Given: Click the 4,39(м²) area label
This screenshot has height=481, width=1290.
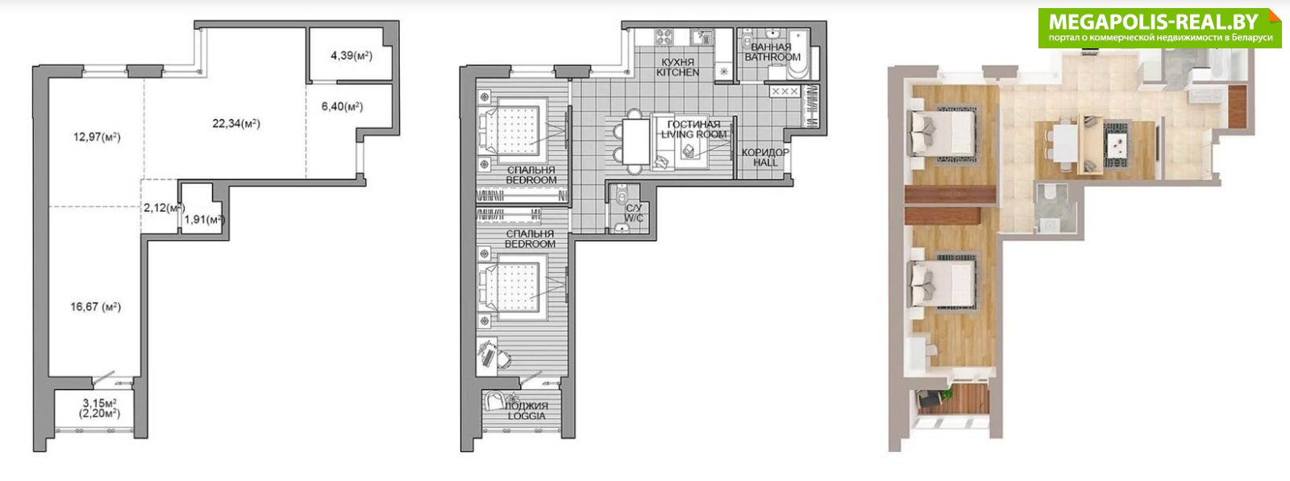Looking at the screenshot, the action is point(352,56).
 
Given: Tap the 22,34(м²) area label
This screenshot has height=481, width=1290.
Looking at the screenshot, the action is point(236,123).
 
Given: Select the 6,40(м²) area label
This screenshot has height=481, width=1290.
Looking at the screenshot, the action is point(342,106).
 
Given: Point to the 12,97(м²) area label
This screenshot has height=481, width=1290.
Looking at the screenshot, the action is point(97,137).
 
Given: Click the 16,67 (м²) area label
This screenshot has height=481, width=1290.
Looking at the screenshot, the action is point(96,307).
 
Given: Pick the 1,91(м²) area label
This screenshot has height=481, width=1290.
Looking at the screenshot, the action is point(204,219).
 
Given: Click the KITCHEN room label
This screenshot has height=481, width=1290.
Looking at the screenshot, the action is point(678,73).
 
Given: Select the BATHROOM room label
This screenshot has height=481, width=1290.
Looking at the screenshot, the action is point(772,57).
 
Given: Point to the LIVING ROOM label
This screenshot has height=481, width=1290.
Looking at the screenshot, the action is point(694,134).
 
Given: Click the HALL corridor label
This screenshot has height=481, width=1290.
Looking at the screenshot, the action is point(765,163).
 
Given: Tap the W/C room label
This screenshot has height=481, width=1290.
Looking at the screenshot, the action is point(635,218).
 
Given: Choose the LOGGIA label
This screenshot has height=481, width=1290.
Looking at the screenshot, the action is point(526,416).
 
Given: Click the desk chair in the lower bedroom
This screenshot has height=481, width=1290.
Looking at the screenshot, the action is point(503,359).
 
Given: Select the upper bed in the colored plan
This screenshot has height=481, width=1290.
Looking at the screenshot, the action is point(943,134).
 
